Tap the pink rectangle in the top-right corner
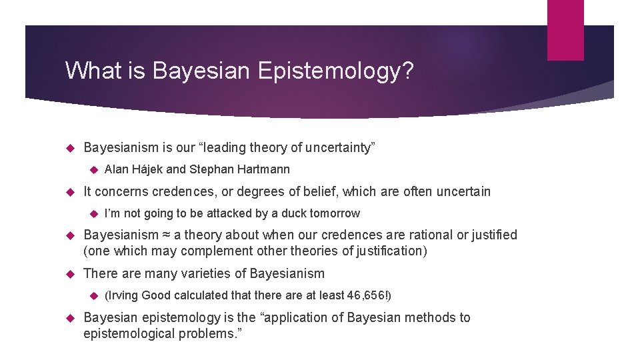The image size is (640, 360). (565, 29)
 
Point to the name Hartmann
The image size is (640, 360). (265, 169)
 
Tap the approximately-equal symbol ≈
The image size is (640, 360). (163, 235)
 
